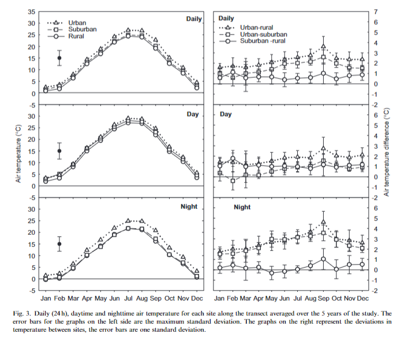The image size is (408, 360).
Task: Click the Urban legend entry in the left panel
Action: [x=77, y=23]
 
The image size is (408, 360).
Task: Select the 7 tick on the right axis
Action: [x=376, y=12]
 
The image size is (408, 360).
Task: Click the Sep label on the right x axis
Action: [x=324, y=298]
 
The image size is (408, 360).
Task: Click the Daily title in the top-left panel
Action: [x=194, y=19]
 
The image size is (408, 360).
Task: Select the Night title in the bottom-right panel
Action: [x=242, y=207]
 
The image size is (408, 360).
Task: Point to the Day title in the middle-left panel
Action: [x=193, y=114]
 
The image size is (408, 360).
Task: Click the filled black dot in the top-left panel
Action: [x=59, y=58]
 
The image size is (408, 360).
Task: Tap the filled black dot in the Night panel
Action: [x=59, y=244]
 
